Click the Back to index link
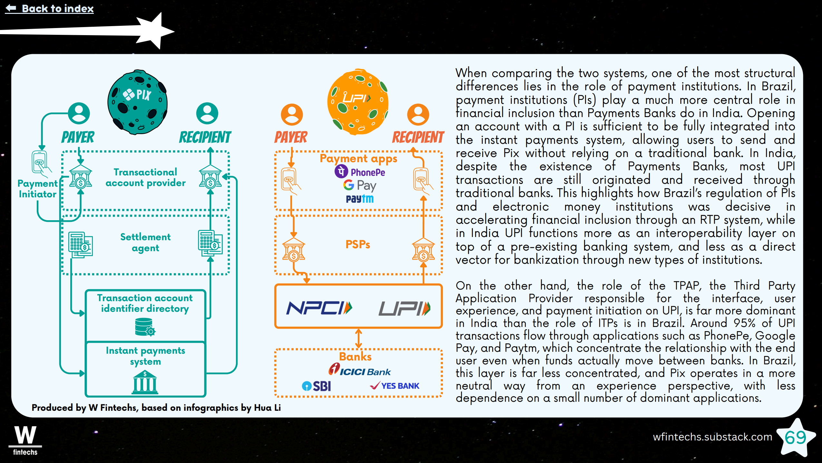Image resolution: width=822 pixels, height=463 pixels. coord(50,8)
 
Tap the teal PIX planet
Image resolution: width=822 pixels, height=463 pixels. coord(138,102)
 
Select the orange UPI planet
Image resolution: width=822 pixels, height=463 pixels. coord(358,102)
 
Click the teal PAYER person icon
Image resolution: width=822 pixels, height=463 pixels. coord(79,113)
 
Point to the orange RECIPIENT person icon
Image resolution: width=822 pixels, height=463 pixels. coord(418,114)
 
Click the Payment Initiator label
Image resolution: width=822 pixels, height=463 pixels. coord(37,189)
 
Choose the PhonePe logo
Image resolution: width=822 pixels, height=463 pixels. coord(360,172)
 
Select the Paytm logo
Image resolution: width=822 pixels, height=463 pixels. coord(360,199)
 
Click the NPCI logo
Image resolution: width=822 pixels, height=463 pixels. coord(319,308)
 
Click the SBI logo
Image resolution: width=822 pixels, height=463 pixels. coord(317,386)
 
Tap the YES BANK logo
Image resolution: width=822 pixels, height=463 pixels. coord(395,386)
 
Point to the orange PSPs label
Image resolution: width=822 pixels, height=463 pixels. coord(358,244)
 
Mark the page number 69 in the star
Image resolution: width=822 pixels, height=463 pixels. coord(795,438)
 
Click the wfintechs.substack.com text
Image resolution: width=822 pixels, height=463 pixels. coord(712,437)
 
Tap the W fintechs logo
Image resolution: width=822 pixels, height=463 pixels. coord(25,440)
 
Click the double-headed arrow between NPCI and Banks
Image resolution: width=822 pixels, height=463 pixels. coord(358,339)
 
